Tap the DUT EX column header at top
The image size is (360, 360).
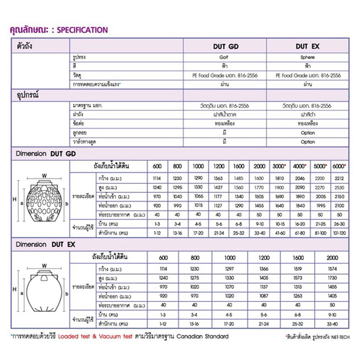[x=308, y=46]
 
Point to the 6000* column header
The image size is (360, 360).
[x=338, y=166]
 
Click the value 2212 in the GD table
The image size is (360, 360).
[x=338, y=177]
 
